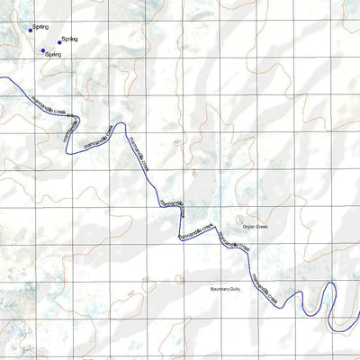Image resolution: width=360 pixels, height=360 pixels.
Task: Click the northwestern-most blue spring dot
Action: tap(31, 30)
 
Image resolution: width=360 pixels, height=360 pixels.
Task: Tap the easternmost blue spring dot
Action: tap(60, 41)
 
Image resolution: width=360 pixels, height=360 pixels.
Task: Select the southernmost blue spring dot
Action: tap(42, 50)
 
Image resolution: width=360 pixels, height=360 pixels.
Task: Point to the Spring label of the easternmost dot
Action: tap(70, 40)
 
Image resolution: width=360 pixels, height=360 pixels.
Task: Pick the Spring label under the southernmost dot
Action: tap(53, 55)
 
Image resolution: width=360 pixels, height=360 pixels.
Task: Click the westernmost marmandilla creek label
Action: tap(49, 105)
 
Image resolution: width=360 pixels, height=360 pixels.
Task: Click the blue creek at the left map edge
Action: tap(3, 79)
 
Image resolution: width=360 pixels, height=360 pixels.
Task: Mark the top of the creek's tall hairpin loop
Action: tap(329, 284)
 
